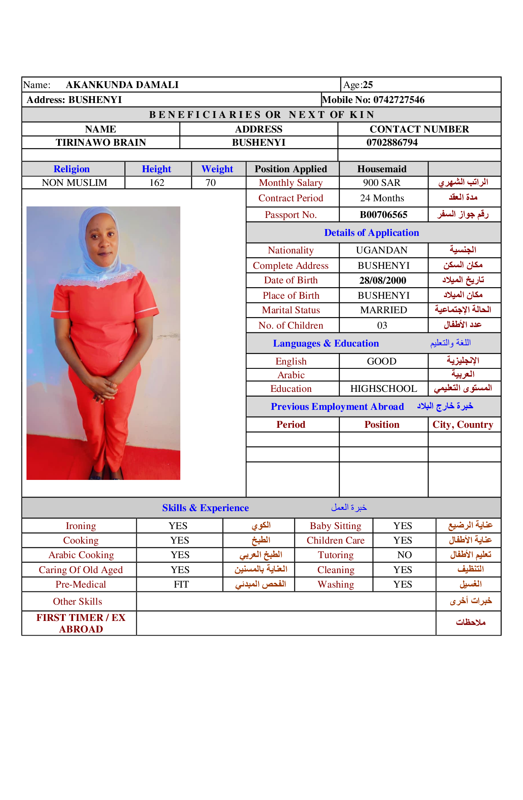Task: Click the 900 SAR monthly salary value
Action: pyautogui.click(x=382, y=183)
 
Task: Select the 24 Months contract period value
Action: pyautogui.click(x=382, y=198)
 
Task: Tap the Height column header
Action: pyautogui.click(x=156, y=169)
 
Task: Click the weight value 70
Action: pyautogui.click(x=211, y=183)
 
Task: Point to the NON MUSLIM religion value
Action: pyautogui.click(x=74, y=183)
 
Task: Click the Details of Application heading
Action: pyautogui.click(x=371, y=233)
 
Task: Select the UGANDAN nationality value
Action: pyautogui.click(x=382, y=250)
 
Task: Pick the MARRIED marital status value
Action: pyautogui.click(x=383, y=310)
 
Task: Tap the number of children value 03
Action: pyautogui.click(x=382, y=326)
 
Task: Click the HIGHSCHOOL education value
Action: pyautogui.click(x=383, y=389)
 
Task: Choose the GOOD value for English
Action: pyautogui.click(x=382, y=362)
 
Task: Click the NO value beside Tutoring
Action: pyautogui.click(x=404, y=555)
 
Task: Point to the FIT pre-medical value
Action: pyautogui.click(x=181, y=585)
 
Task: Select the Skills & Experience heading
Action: pyautogui.click(x=206, y=508)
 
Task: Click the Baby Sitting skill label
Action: pyautogui.click(x=335, y=526)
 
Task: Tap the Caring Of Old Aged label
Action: pyautogui.click(x=81, y=570)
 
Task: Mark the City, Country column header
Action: pyautogui.click(x=463, y=425)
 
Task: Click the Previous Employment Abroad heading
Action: pyautogui.click(x=337, y=407)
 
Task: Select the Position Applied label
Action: pyautogui.click(x=291, y=169)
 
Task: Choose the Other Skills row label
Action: pyautogui.click(x=78, y=602)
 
